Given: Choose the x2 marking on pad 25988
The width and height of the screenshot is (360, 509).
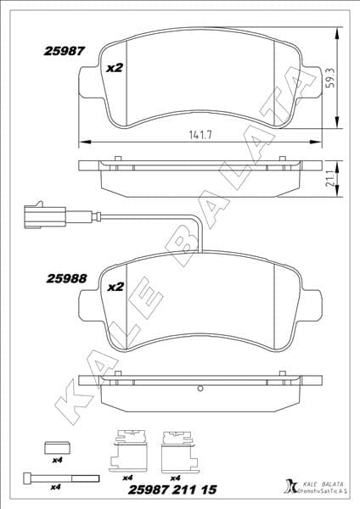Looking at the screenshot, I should pyautogui.click(x=115, y=287).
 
